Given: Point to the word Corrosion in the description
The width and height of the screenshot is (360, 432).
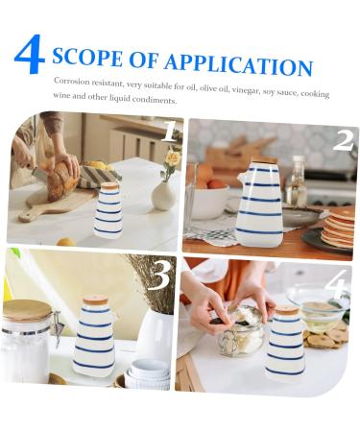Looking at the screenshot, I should click(75, 82).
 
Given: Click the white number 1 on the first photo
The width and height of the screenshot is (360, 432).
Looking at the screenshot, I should click(168, 131).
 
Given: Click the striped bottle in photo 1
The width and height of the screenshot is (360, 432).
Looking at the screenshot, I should click(109, 211).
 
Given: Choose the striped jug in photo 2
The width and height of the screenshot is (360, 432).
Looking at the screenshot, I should click(259, 204).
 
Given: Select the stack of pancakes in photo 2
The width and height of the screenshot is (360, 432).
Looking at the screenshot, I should click(339, 228).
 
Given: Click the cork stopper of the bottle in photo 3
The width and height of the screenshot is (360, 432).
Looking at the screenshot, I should click(95, 300).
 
